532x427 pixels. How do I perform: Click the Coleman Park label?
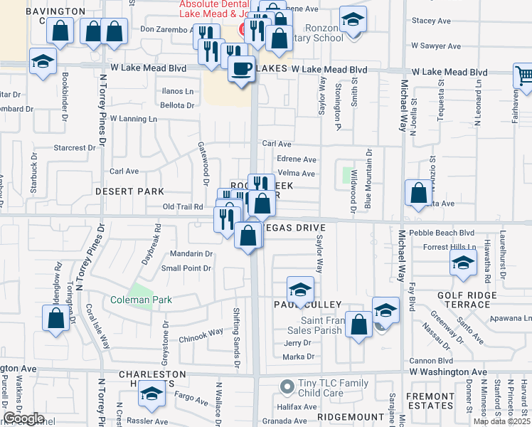pos(142,300)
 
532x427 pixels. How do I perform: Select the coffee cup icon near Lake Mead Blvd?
pos(241,70)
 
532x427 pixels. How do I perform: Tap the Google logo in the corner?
pos(23,418)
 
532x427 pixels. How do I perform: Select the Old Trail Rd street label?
pos(183,207)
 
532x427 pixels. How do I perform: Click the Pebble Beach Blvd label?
pos(447,233)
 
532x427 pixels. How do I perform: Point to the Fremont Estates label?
pos(430,400)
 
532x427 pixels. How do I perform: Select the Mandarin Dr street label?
pos(191,253)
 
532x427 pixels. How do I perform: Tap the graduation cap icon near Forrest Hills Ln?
pos(463,264)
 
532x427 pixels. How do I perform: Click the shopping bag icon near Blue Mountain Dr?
pos(418,192)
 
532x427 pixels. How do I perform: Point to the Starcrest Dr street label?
pos(74,148)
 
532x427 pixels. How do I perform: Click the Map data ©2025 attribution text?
pos(502,421)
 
